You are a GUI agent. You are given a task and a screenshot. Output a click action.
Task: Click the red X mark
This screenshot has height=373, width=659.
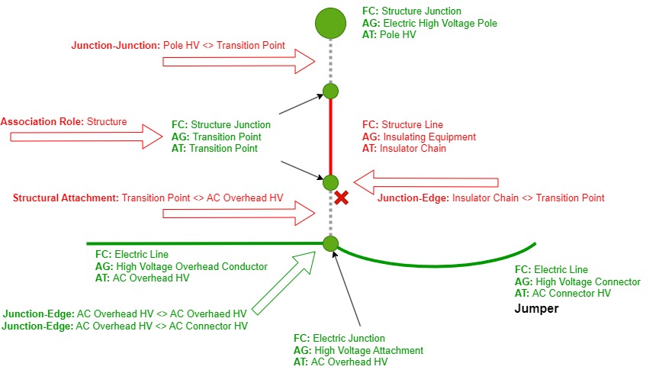[342, 198]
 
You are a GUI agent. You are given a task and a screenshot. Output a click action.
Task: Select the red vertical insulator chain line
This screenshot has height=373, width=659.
[330, 137]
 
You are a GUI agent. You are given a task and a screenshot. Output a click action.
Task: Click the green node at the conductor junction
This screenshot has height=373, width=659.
[330, 244]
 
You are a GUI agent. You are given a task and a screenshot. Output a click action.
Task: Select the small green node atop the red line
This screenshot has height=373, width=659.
[330, 92]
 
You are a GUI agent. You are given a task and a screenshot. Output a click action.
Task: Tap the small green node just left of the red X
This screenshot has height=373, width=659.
[330, 183]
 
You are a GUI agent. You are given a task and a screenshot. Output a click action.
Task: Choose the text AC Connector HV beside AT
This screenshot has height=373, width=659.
[572, 293]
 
